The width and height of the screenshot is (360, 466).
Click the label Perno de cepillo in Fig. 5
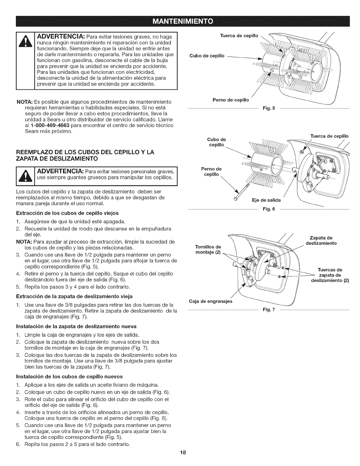[231, 100]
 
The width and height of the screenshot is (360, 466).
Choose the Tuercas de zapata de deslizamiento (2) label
[330, 275]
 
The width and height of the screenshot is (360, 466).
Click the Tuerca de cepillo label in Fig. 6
[329, 136]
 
